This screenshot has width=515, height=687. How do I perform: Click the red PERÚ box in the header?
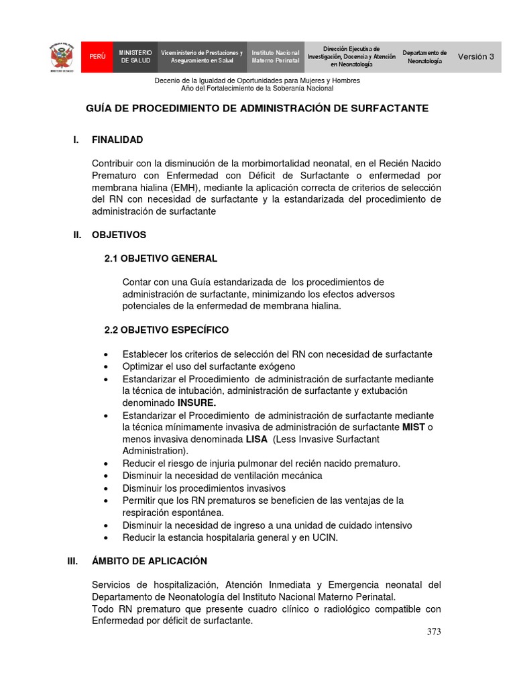tap(97, 57)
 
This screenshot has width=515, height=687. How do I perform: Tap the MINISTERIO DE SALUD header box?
tap(135, 57)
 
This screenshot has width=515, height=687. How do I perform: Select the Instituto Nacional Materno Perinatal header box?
tap(276, 57)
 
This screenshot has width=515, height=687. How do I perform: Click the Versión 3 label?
tap(475, 57)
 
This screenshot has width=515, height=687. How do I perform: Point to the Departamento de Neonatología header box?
tap(424, 57)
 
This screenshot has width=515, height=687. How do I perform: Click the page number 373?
tap(434, 632)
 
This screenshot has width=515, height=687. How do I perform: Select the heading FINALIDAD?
tap(117, 140)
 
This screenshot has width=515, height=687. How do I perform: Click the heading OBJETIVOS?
tap(119, 235)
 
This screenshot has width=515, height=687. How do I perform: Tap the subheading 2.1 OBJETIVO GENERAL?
tap(161, 258)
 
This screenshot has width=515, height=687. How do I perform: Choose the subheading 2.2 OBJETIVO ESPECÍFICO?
tap(166, 330)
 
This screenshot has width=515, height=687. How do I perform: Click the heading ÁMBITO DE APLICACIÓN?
tap(150, 561)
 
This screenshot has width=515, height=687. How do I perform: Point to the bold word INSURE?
tap(196, 403)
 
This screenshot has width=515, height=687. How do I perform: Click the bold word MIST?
tap(413, 427)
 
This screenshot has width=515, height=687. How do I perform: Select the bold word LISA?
tap(256, 439)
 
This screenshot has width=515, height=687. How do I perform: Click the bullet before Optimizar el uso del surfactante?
tap(107, 367)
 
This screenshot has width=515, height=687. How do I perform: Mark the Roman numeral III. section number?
tap(72, 561)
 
